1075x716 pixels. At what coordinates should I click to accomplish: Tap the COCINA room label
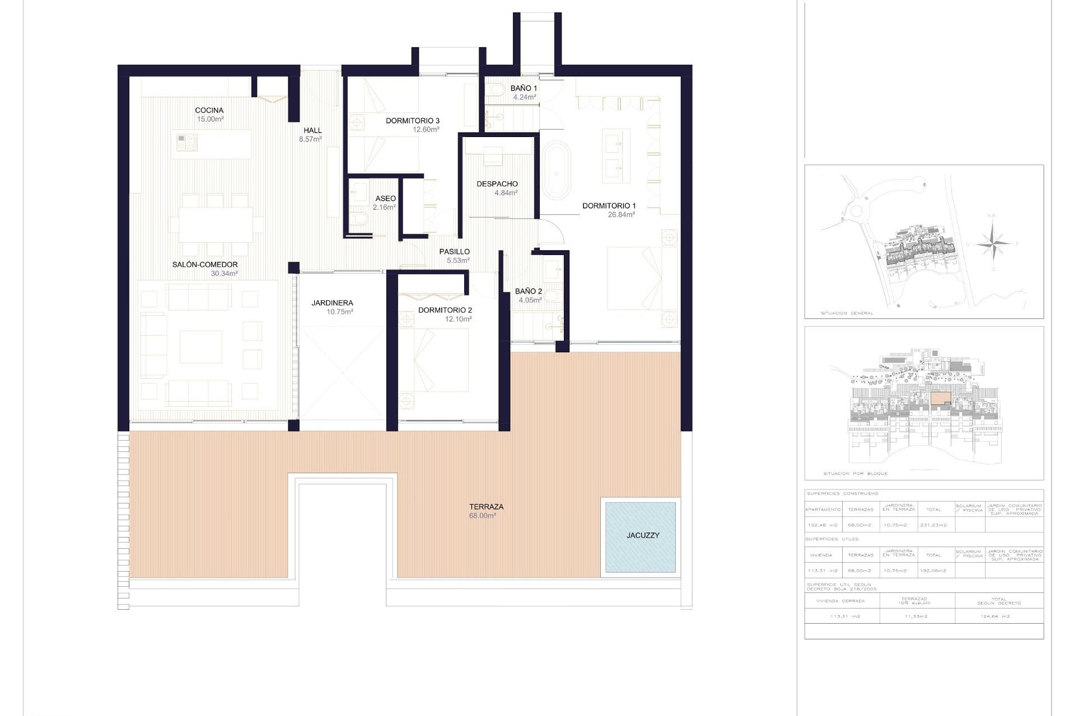point(209,110)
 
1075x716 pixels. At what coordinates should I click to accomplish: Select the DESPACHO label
point(497,183)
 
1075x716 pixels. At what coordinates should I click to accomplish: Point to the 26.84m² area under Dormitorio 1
point(621,215)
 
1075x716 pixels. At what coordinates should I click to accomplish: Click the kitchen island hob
point(186,142)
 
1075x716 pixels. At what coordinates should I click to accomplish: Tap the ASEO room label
point(385,199)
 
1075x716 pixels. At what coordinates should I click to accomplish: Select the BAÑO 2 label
point(528,291)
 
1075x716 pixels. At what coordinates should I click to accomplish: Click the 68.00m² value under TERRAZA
point(482,516)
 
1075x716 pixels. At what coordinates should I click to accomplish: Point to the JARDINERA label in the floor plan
point(332,303)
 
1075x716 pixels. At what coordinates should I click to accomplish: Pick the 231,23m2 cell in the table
point(932,525)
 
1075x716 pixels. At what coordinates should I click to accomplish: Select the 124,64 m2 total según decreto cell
point(998,616)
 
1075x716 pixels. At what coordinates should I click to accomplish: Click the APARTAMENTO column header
point(822,510)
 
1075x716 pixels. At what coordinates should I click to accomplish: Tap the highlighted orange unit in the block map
point(941,398)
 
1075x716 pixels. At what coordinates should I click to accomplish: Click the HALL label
point(312,130)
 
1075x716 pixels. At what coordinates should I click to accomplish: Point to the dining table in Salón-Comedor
point(216,224)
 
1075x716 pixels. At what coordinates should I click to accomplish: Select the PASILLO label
point(454,252)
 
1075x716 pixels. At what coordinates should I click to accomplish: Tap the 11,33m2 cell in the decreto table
point(917,616)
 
